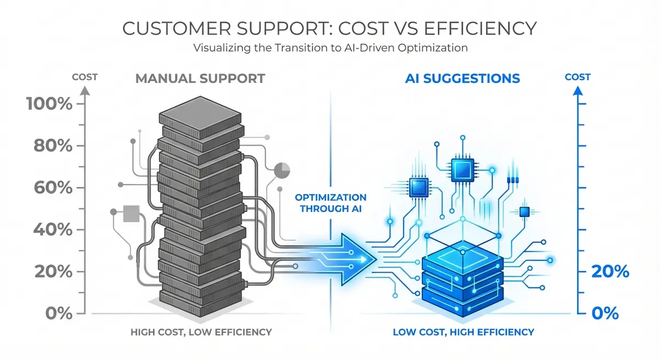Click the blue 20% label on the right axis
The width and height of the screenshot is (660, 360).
(609, 272)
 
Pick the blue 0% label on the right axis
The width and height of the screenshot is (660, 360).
(606, 313)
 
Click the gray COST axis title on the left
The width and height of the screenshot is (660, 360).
(84, 77)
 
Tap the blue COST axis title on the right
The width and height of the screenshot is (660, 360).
(577, 77)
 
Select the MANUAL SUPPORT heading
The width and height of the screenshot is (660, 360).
(200, 79)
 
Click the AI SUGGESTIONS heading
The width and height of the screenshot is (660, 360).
(462, 79)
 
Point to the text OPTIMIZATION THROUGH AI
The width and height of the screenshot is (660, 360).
(330, 202)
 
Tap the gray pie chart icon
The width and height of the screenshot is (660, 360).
(282, 170)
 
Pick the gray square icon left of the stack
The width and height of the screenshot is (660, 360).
(132, 213)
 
